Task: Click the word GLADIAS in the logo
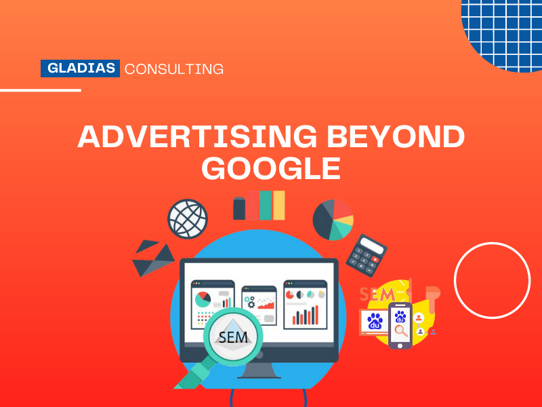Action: pos(80,69)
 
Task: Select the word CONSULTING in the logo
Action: pos(174,69)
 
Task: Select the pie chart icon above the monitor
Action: pos(333,219)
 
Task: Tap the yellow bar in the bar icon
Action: pos(278,205)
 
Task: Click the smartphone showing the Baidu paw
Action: pos(400,324)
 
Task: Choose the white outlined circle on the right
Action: pos(492,280)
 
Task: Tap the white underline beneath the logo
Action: pos(41,90)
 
